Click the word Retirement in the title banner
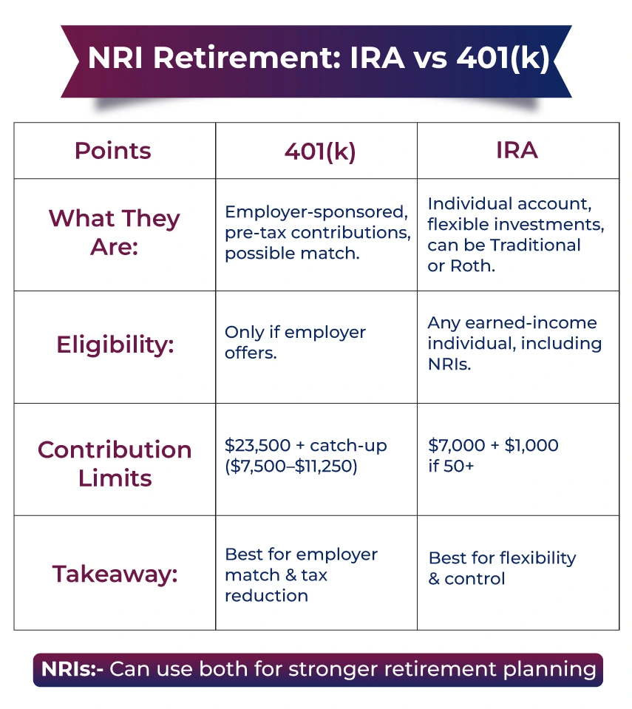(x=247, y=58)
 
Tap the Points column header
(x=113, y=151)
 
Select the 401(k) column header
(x=320, y=152)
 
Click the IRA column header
(x=517, y=150)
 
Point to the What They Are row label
(x=115, y=232)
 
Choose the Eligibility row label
(x=115, y=345)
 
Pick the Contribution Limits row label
(x=115, y=464)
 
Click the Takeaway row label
(x=115, y=574)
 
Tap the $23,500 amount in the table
(x=258, y=445)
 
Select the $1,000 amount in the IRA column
(x=531, y=445)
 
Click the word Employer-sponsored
(x=316, y=212)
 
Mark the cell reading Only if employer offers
(x=295, y=342)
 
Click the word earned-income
(x=531, y=323)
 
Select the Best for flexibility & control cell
(x=502, y=569)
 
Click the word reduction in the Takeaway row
(x=266, y=596)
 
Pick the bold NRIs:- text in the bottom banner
(x=72, y=669)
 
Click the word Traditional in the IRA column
(x=535, y=245)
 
